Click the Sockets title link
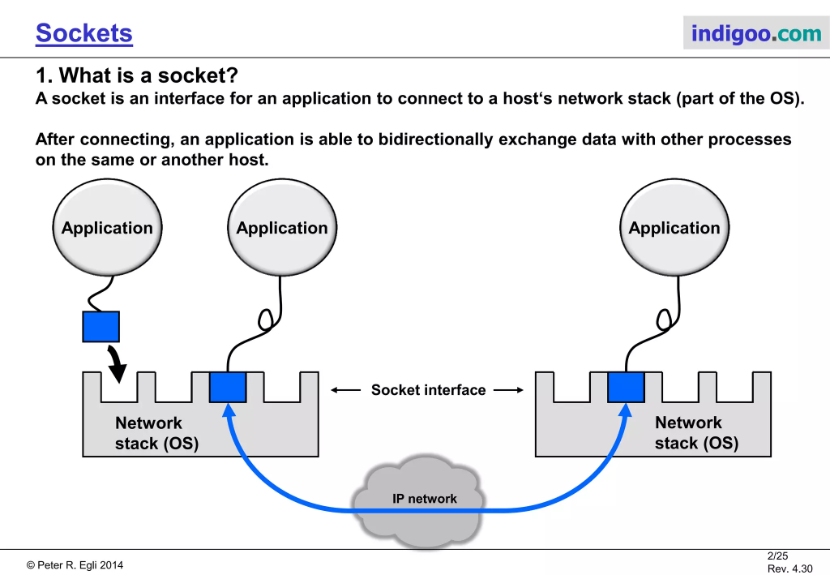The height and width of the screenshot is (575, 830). click(84, 33)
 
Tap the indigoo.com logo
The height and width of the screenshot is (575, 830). click(755, 33)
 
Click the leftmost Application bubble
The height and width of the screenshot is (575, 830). click(107, 228)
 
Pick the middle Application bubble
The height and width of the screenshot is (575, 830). click(282, 228)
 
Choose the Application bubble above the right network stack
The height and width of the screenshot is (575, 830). click(674, 228)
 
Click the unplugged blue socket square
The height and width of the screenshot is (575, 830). click(101, 327)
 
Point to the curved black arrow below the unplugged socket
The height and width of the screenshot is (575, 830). click(116, 363)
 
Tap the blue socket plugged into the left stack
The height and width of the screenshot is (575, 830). click(228, 387)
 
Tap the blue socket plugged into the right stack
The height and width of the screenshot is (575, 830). click(626, 387)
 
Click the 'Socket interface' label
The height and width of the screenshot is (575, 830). click(428, 390)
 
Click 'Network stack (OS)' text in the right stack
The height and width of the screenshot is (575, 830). click(695, 433)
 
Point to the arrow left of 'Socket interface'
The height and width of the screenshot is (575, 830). click(346, 390)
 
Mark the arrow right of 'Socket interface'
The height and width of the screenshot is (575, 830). click(509, 390)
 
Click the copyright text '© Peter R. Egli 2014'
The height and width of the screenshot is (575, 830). click(75, 565)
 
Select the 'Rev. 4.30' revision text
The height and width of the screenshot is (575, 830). click(789, 569)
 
